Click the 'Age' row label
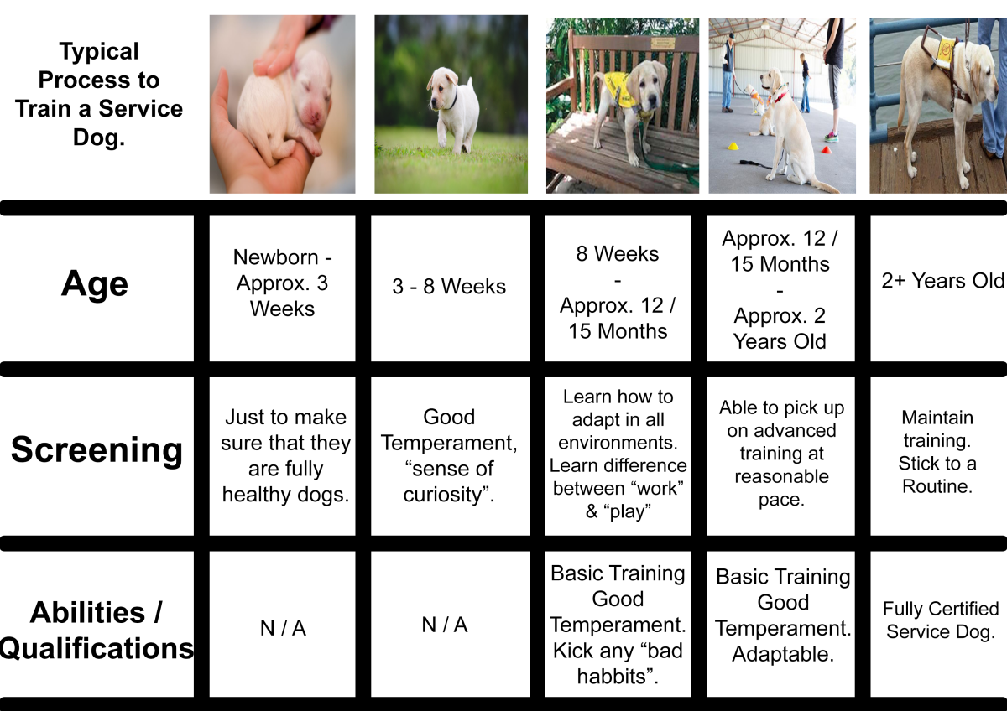click(95, 283)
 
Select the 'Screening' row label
click(97, 449)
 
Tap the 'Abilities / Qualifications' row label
click(97, 631)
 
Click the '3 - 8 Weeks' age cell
click(449, 286)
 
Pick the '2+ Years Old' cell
click(942, 281)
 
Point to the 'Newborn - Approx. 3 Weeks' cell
click(282, 283)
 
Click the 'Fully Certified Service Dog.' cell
click(941, 620)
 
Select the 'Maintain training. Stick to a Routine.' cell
click(937, 452)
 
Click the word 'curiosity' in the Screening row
click(443, 495)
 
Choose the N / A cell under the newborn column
click(283, 628)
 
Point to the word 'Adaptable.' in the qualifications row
click(783, 654)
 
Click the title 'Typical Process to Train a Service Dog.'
click(99, 94)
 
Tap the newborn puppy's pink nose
click(313, 117)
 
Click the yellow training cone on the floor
click(733, 146)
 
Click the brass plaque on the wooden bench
click(663, 43)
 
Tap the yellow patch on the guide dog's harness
click(946, 49)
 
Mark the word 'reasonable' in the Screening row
click(782, 476)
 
